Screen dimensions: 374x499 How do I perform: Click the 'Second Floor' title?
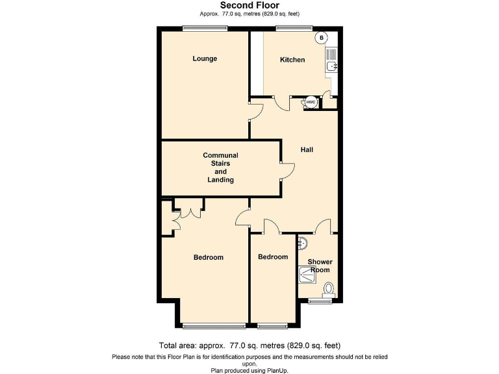(249, 5)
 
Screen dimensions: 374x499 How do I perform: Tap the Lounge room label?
(205, 59)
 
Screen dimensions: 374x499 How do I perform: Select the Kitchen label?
(292, 60)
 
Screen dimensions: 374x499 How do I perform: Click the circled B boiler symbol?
(320, 38)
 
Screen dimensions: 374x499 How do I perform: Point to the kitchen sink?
(331, 60)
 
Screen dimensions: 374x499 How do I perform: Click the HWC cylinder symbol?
(311, 102)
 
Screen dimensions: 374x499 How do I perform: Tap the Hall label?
(307, 150)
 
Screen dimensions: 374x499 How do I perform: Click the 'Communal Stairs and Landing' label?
(220, 168)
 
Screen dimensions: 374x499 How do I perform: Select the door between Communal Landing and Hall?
(287, 169)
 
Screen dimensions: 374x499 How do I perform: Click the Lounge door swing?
(255, 110)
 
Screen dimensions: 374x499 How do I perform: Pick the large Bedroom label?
(208, 258)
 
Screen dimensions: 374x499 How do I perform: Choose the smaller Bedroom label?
(273, 257)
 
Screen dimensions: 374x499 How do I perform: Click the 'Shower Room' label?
(320, 266)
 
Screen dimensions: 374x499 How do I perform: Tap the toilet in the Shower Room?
(329, 289)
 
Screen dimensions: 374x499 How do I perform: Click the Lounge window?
(205, 27)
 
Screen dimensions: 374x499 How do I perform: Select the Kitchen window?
(293, 27)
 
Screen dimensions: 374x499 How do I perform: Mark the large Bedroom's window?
(214, 325)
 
